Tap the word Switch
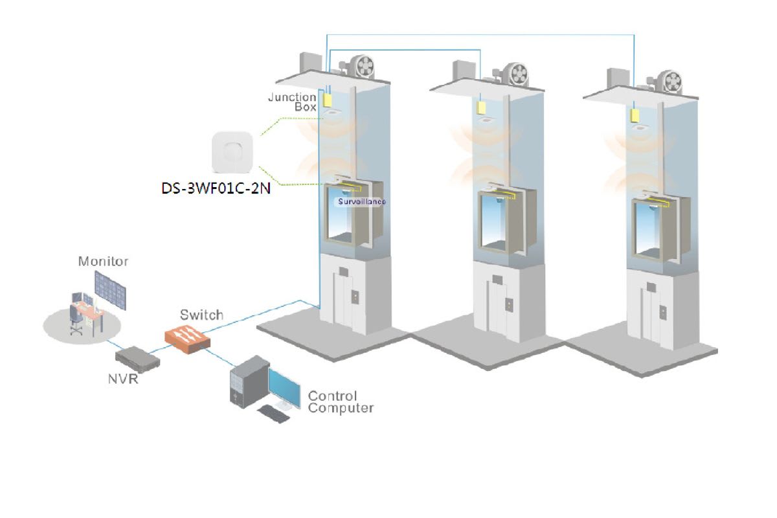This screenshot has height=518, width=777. (201, 315)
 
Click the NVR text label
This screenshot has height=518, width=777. (122, 379)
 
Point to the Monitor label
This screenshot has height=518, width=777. (103, 262)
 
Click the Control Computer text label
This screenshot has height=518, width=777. (340, 401)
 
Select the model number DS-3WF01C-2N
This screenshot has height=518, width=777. (216, 190)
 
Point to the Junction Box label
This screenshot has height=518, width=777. (292, 102)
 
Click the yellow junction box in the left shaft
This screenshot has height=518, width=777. (328, 100)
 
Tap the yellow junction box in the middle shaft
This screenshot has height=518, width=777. (482, 106)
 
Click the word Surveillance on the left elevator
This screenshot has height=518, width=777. (361, 201)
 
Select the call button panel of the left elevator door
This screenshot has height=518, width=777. (354, 297)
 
